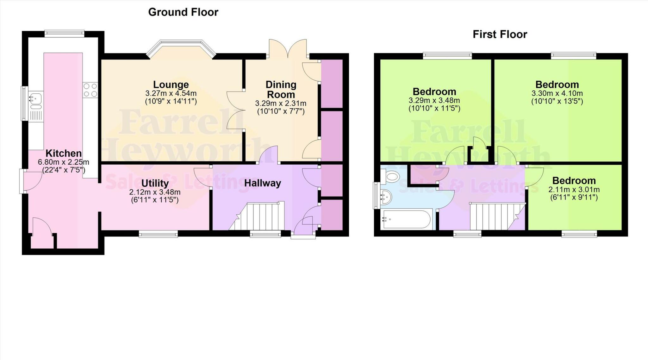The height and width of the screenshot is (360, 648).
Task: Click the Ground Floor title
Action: click(x=183, y=12)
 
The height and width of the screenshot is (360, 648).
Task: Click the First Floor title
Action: click(x=500, y=35)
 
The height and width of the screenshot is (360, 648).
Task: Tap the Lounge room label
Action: click(x=171, y=85)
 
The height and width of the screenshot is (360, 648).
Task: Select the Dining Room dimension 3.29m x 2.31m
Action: click(x=281, y=104)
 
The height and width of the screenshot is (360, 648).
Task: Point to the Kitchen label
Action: click(x=64, y=153)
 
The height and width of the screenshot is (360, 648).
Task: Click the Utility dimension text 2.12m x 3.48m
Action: click(x=155, y=192)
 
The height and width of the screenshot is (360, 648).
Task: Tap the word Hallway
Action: click(x=263, y=183)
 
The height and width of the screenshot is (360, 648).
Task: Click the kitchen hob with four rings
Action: click(x=90, y=90)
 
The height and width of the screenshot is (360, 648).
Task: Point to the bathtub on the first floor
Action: click(x=406, y=219)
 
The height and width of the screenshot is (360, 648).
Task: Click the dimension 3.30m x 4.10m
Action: click(x=557, y=93)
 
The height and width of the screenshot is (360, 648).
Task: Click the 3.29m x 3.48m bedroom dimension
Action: click(x=434, y=101)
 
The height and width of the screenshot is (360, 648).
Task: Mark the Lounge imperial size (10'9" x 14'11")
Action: click(x=171, y=102)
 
